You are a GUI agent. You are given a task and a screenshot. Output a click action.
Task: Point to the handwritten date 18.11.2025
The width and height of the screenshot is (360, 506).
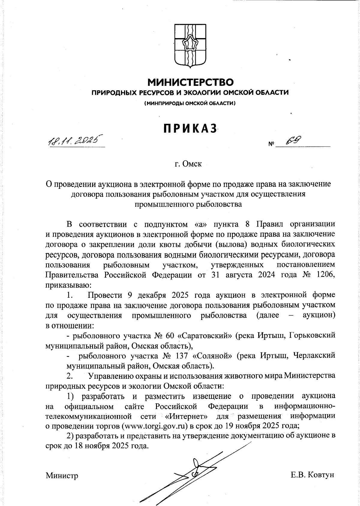[75, 140]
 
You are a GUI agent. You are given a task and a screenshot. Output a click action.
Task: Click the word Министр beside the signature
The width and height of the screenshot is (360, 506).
[62, 475]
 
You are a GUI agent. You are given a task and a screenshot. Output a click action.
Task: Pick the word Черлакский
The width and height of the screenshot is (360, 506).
[314, 356]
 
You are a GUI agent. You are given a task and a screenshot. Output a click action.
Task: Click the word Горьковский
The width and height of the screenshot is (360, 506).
[312, 336]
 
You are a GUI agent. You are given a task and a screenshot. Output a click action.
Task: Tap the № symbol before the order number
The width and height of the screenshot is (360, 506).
[271, 144]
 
